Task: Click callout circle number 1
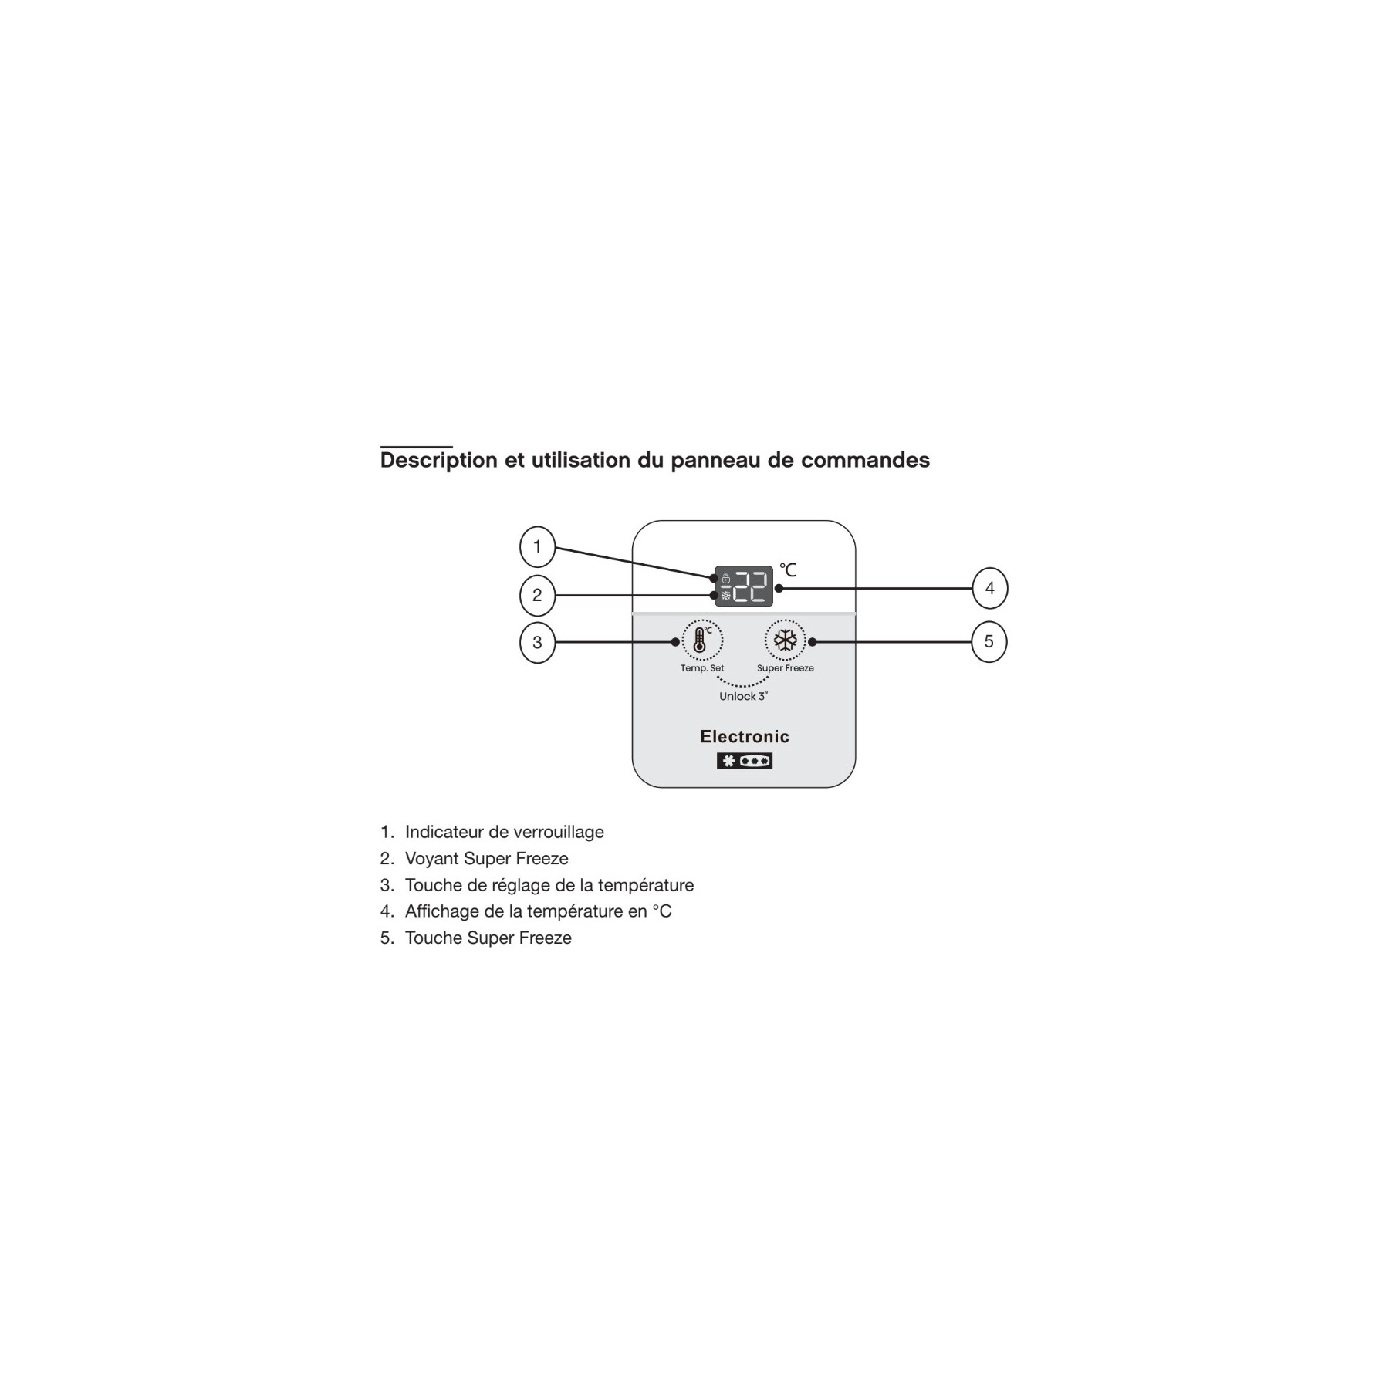(x=537, y=547)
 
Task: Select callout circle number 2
(x=537, y=595)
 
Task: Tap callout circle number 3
(x=537, y=642)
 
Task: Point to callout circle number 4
(x=989, y=588)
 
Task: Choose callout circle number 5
(x=989, y=641)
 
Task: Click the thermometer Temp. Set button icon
(x=702, y=640)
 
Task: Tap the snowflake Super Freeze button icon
(x=785, y=640)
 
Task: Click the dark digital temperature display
(x=743, y=586)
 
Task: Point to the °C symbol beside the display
(x=787, y=569)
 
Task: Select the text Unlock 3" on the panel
(x=743, y=696)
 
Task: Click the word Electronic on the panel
(x=745, y=736)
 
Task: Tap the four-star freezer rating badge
(x=745, y=761)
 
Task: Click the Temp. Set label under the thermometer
(x=702, y=668)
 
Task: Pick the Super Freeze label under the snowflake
(x=785, y=668)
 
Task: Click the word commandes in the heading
(x=865, y=460)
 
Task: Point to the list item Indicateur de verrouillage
(x=505, y=832)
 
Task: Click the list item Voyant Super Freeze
(x=487, y=858)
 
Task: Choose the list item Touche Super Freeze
(x=488, y=938)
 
